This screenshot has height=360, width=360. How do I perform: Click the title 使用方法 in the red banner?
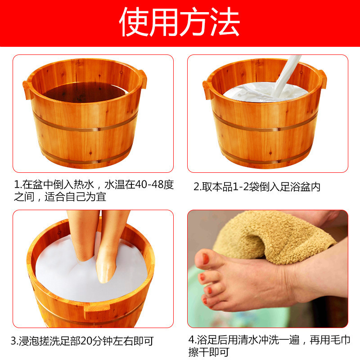[x=180, y=22]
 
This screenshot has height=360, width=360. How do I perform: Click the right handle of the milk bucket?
[x=322, y=78]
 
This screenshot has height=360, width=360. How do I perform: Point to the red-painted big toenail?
[x=205, y=259]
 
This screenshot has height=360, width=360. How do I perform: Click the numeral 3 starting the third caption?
[x=13, y=341]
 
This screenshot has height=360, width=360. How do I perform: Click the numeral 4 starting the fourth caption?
[x=191, y=340]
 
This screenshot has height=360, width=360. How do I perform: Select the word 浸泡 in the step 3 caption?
[x=27, y=341]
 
